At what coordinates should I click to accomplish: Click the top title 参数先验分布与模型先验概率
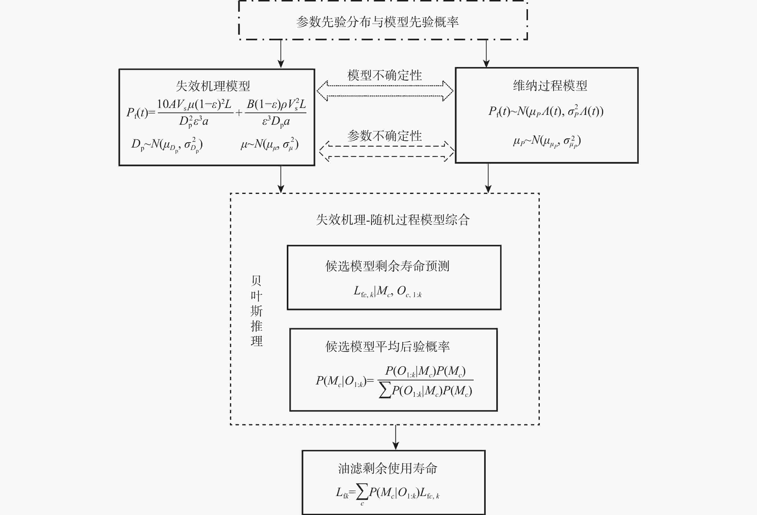click(x=377, y=22)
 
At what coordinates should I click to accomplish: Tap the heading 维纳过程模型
click(x=550, y=86)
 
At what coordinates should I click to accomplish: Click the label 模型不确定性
click(x=384, y=75)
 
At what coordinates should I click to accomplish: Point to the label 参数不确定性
click(x=384, y=136)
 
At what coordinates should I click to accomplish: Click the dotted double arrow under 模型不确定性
click(x=385, y=91)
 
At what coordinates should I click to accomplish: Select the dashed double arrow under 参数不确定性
click(x=387, y=151)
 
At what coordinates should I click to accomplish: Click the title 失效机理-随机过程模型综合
click(x=393, y=220)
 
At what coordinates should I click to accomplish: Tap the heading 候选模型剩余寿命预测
click(x=387, y=266)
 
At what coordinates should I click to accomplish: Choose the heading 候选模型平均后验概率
click(x=387, y=347)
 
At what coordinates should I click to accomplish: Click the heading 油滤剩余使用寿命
click(x=387, y=468)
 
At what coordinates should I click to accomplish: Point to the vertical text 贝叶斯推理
click(x=256, y=311)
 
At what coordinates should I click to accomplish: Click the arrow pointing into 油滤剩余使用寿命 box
click(x=396, y=437)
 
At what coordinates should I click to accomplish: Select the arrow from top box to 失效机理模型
click(x=281, y=54)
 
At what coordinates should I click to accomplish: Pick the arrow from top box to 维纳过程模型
click(x=486, y=53)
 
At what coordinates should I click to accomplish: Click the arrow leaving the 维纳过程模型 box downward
click(x=488, y=178)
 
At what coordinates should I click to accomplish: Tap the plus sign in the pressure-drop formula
click(x=239, y=113)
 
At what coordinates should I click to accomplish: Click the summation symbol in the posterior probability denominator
click(x=385, y=391)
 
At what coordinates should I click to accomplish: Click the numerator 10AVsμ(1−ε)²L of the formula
click(x=194, y=104)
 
